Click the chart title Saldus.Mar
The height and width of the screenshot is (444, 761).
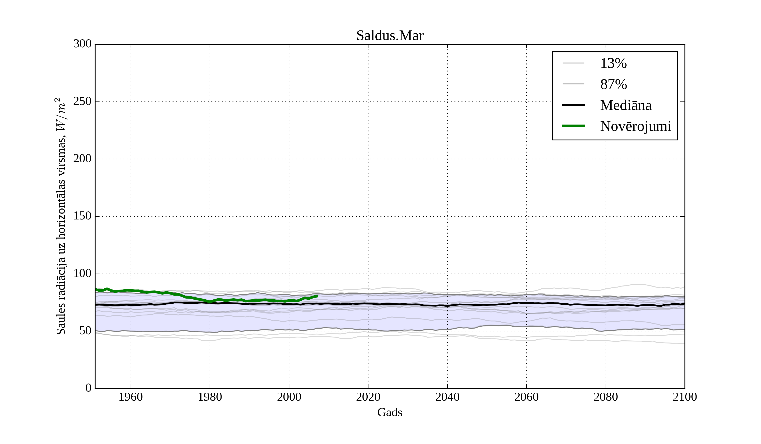click(x=390, y=36)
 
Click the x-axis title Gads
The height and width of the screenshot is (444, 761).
click(x=390, y=412)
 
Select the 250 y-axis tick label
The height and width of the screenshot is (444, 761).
click(x=82, y=101)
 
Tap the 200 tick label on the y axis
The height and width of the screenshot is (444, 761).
click(x=82, y=159)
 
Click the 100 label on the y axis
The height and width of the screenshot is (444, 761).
click(x=82, y=274)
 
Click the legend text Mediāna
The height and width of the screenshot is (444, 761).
click(x=626, y=106)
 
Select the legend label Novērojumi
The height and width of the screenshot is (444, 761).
click(x=635, y=126)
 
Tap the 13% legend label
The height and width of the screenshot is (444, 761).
click(x=613, y=63)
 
